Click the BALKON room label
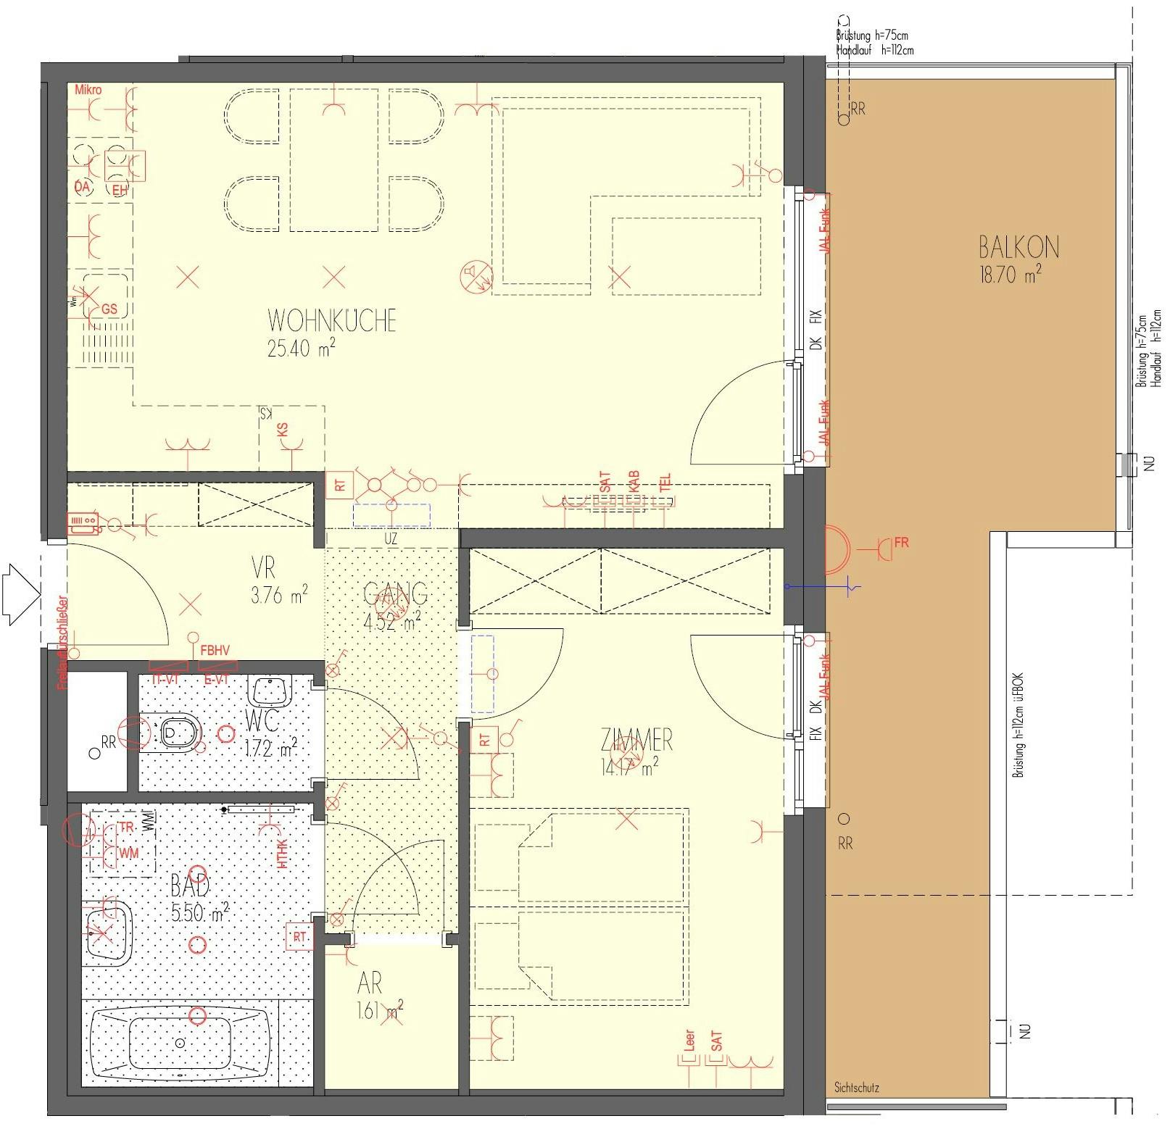(1018, 248)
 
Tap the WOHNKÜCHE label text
(331, 320)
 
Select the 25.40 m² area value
(300, 349)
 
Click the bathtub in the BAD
(180, 1043)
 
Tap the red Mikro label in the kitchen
(88, 90)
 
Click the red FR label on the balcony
(901, 542)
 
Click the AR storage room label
(370, 983)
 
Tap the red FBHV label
(215, 651)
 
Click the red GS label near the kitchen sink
(109, 309)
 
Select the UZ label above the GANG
(391, 539)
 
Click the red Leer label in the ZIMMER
(689, 1041)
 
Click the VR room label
(264, 567)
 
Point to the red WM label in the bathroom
(129, 854)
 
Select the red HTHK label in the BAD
(283, 854)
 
